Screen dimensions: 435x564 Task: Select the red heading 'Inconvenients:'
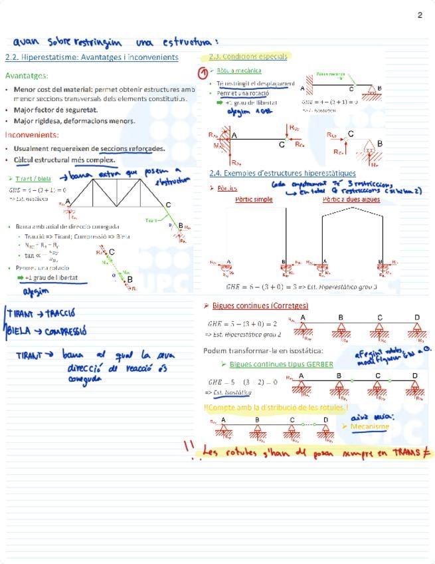point(31,134)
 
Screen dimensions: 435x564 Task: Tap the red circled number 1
point(204,72)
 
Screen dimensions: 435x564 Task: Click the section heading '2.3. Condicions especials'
point(248,57)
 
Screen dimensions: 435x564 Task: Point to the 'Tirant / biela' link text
point(33,179)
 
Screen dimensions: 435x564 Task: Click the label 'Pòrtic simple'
point(254,198)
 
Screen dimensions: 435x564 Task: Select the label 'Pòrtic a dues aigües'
point(351,198)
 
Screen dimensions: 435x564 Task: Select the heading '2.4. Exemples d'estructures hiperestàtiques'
point(282,173)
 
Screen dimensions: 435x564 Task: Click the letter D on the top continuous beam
point(417,317)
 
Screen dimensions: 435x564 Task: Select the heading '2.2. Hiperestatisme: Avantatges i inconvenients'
point(92,57)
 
